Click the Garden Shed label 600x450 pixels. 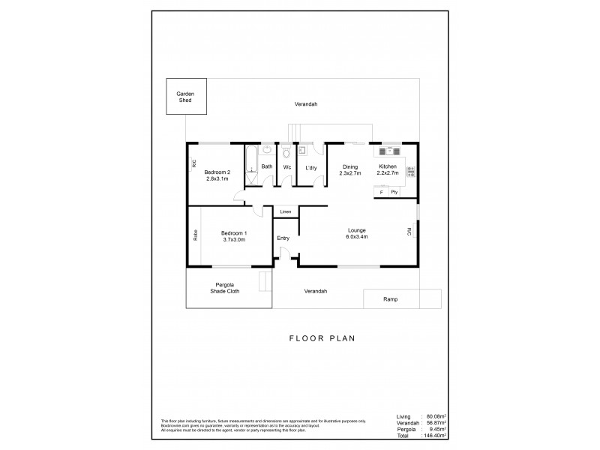(x=185, y=97)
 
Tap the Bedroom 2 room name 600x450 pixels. (x=217, y=172)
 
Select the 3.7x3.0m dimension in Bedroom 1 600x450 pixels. (x=235, y=240)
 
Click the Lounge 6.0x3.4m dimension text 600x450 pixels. (x=357, y=236)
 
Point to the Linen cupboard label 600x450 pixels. (x=285, y=212)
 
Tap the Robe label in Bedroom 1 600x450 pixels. (x=194, y=235)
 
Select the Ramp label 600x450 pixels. (x=390, y=299)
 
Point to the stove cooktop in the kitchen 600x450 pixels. (x=410, y=172)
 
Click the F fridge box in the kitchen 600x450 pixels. (x=382, y=193)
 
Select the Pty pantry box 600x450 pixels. (x=394, y=193)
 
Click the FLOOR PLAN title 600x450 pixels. (x=322, y=338)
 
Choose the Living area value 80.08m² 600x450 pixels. (x=435, y=415)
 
